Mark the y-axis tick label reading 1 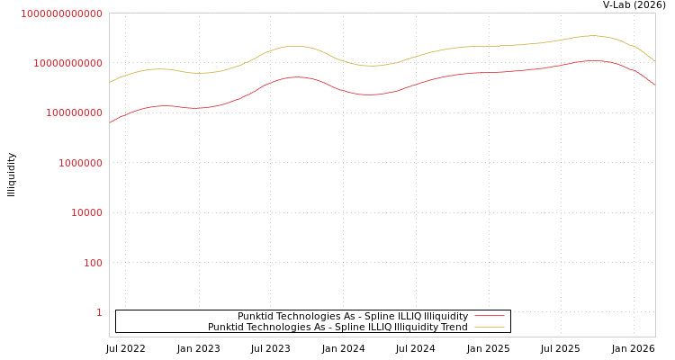click(x=99, y=312)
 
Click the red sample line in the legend click(x=489, y=316)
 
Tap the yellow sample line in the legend click(x=489, y=327)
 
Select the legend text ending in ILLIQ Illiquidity click(x=352, y=316)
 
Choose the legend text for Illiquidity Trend click(x=337, y=327)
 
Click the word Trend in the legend click(x=454, y=327)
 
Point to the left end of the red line click(x=110, y=122)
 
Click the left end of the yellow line click(x=110, y=82)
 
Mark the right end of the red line click(x=654, y=84)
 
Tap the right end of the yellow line click(x=654, y=60)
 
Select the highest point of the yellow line click(x=590, y=36)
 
